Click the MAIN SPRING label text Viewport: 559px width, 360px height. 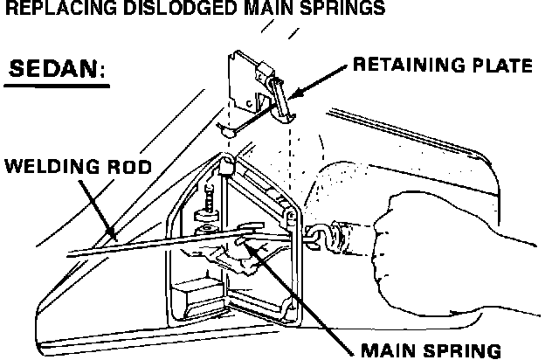click(x=431, y=350)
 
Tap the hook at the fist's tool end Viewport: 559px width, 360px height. click(x=316, y=234)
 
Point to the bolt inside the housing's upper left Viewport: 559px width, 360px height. click(x=209, y=204)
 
